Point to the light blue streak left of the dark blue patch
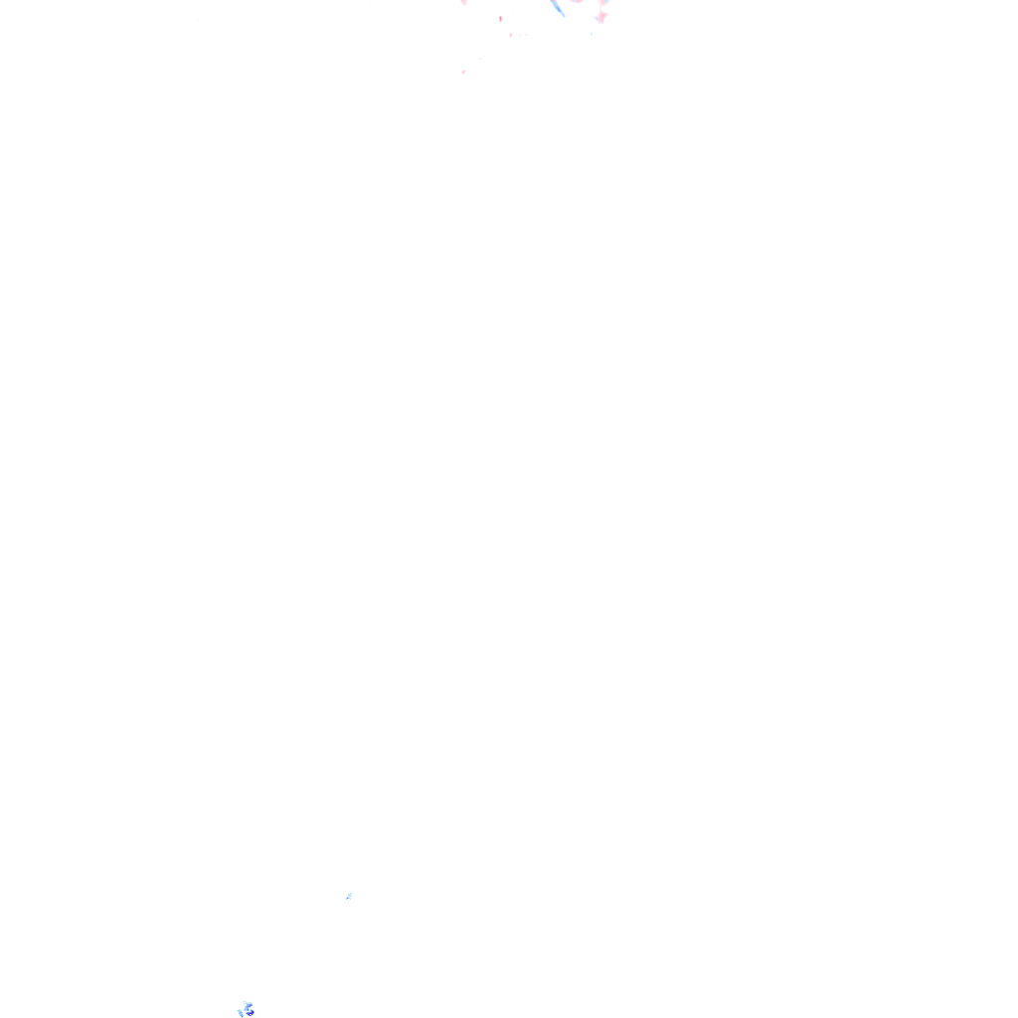(x=240, y=1012)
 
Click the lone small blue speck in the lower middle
(x=349, y=896)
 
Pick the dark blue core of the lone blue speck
(x=350, y=895)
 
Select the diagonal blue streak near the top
(x=558, y=8)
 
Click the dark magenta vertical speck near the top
(x=500, y=18)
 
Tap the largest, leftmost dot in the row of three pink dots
(x=510, y=35)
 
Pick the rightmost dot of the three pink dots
(x=525, y=35)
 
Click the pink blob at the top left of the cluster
(x=463, y=3)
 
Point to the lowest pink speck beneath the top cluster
(x=463, y=72)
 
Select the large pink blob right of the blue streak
(x=601, y=17)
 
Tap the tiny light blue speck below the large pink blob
(x=592, y=33)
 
